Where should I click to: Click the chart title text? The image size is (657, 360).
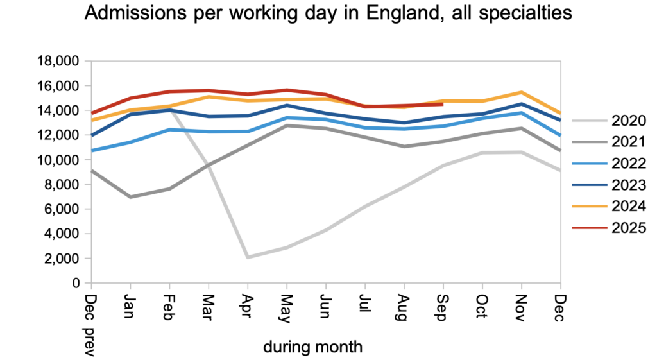pos(328,13)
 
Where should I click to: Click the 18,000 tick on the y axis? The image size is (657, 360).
pos(58,62)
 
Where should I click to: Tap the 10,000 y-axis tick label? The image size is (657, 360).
pos(58,160)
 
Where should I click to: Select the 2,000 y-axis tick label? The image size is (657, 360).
pos(62,259)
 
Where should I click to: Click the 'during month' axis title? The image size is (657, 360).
pos(312,347)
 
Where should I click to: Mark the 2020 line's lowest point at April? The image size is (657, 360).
pos(248,257)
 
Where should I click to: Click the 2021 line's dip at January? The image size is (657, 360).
pos(131,197)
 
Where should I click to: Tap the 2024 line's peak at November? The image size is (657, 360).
pos(521,92)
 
